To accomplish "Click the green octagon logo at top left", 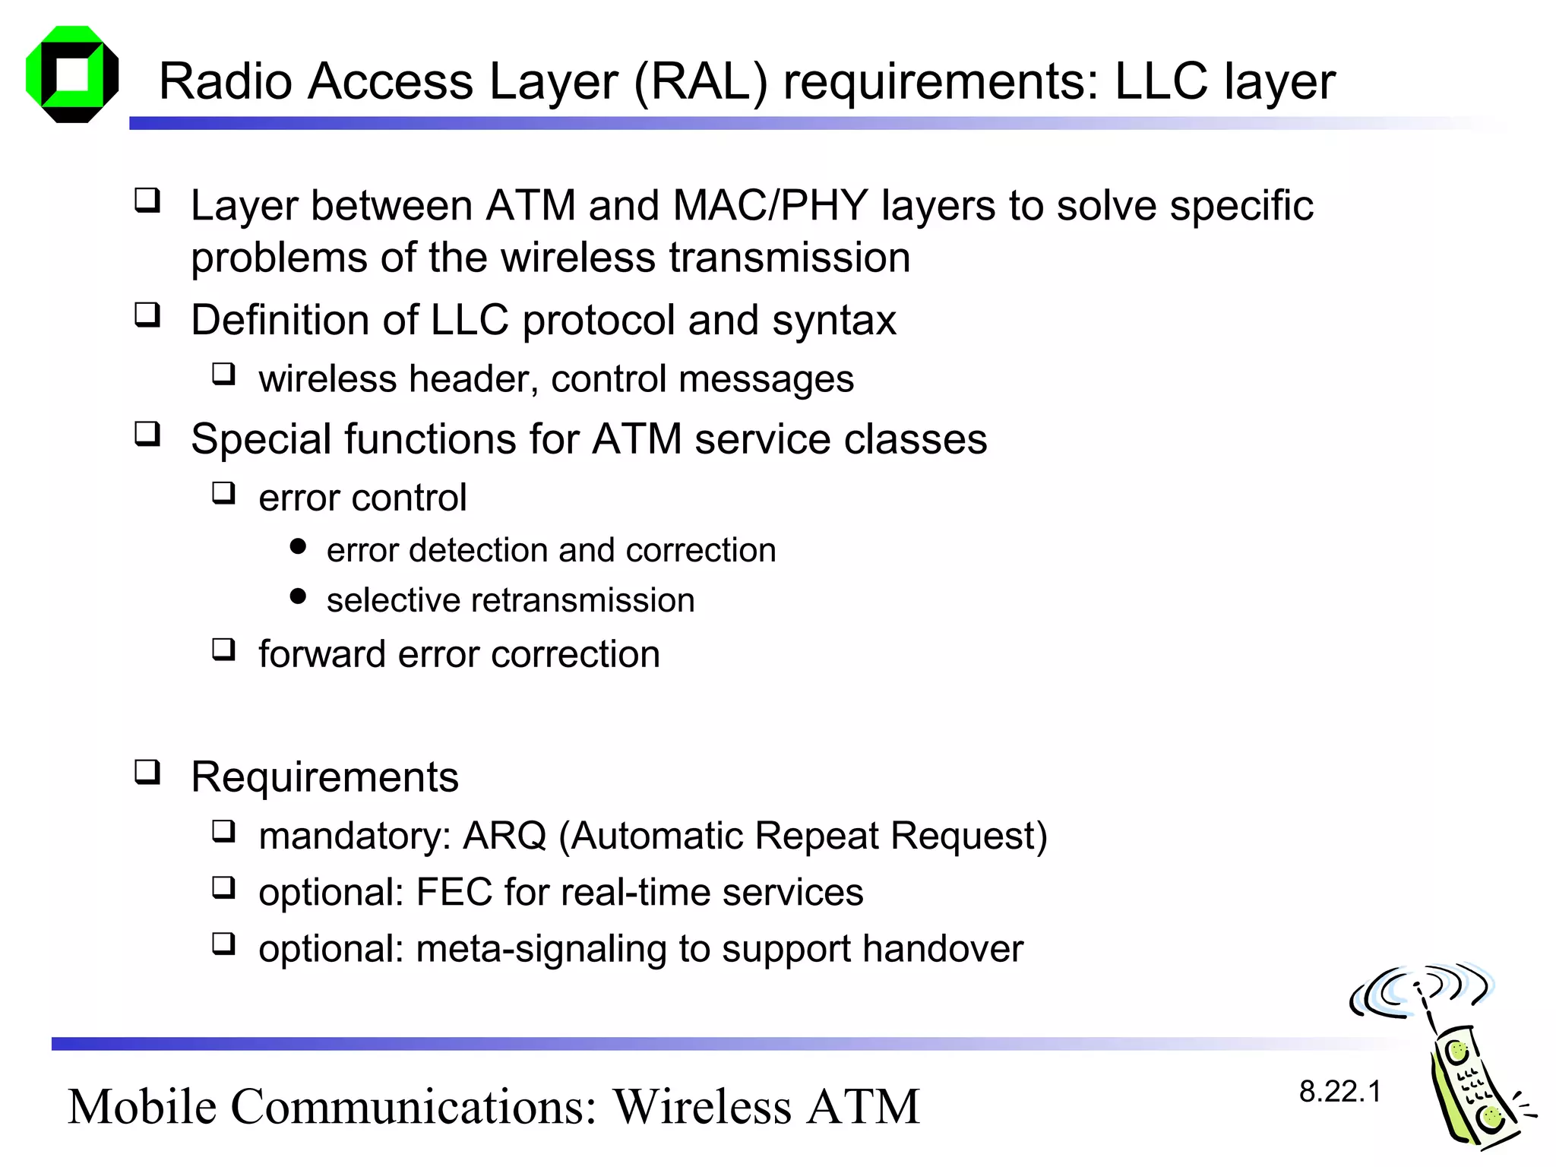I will (72, 74).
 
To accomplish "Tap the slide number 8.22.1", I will (1339, 1092).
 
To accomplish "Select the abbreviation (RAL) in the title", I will (700, 81).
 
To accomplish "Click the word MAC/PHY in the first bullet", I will (770, 205).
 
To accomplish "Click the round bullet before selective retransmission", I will (299, 596).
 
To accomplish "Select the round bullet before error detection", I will (299, 546).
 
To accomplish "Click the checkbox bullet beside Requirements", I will (147, 772).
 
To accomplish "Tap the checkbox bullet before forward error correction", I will (223, 650).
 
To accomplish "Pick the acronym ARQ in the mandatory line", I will (504, 836).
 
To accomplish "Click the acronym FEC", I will (454, 892).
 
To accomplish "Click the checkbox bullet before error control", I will (223, 493).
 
